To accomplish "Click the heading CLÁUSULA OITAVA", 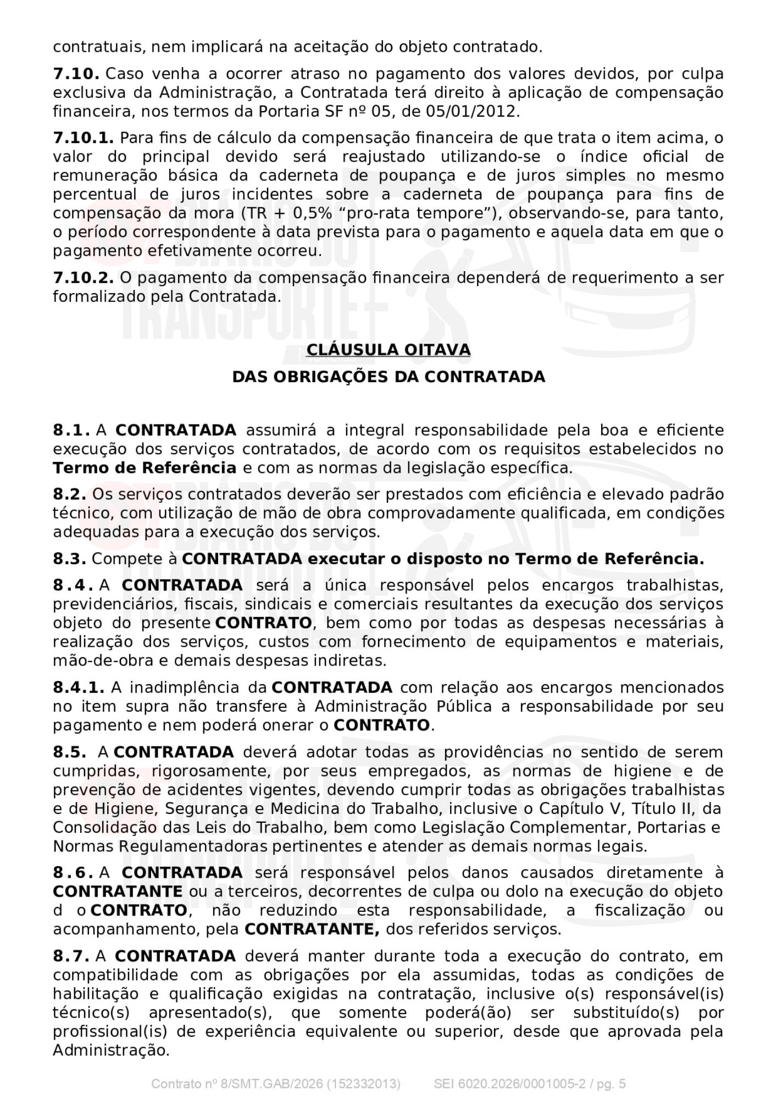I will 388,350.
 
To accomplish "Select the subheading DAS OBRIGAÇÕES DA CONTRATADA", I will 388,377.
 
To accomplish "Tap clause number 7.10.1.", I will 83,137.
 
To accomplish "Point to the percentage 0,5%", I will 306,213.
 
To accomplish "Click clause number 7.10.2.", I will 83,278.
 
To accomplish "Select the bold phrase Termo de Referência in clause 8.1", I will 145,468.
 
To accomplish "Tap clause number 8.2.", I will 69,494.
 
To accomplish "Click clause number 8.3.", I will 69,559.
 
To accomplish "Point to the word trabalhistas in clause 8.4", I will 674,585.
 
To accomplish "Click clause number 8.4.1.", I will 79,687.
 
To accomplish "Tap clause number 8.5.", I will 69,752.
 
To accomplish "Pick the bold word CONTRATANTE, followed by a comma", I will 312,930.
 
